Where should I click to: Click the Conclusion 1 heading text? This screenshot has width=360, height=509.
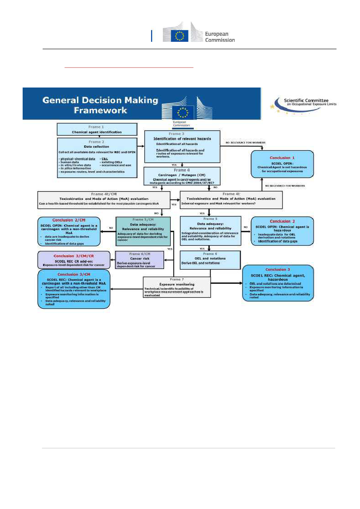point(282,158)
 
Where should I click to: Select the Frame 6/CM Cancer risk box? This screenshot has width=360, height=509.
point(139,260)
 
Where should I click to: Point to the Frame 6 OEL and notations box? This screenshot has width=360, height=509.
point(210,260)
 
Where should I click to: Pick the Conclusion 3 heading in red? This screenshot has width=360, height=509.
point(276,270)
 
